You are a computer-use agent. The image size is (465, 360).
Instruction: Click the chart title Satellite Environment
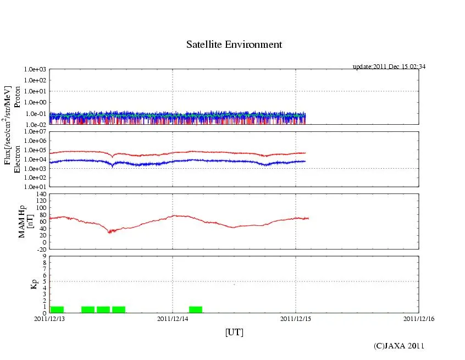tap(234, 45)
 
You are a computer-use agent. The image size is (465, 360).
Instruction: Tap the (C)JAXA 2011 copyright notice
tap(399, 346)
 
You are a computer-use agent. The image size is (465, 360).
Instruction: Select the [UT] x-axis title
tap(234, 332)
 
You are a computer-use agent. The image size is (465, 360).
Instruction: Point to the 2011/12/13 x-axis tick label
tap(49, 318)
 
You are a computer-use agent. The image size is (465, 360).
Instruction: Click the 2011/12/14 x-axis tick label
tap(173, 318)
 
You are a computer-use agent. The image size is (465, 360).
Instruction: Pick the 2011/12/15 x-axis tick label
tap(296, 318)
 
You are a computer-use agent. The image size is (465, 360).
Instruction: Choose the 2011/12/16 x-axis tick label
tap(419, 318)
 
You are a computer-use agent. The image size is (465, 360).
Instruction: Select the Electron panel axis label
tap(16, 159)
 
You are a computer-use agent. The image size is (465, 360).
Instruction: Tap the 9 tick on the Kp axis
tap(45, 256)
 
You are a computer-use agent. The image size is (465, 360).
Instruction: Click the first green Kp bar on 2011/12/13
tap(57, 309)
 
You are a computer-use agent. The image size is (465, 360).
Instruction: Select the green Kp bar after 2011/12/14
tap(196, 309)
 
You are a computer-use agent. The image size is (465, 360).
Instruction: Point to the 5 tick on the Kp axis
tap(45, 281)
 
